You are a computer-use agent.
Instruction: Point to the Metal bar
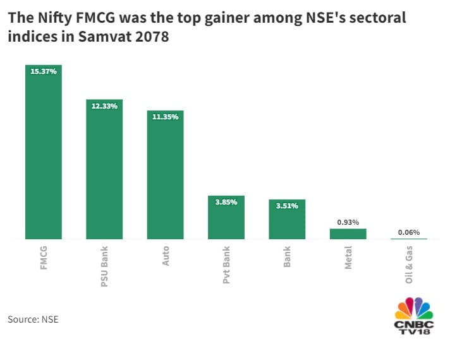point(348,234)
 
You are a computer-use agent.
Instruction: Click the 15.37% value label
point(44,71)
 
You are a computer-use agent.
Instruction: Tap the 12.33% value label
point(104,106)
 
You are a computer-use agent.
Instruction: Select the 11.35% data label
point(165,117)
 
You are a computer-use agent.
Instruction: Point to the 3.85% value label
point(226,202)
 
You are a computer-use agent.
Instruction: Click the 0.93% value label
point(348,222)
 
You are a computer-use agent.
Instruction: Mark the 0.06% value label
point(409,232)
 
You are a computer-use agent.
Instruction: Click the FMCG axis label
point(44,257)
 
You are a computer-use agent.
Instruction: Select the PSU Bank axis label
point(104,266)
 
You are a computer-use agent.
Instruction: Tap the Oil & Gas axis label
point(409,265)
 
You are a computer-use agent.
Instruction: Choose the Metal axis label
point(348,258)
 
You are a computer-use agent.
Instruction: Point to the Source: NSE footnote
point(33,319)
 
